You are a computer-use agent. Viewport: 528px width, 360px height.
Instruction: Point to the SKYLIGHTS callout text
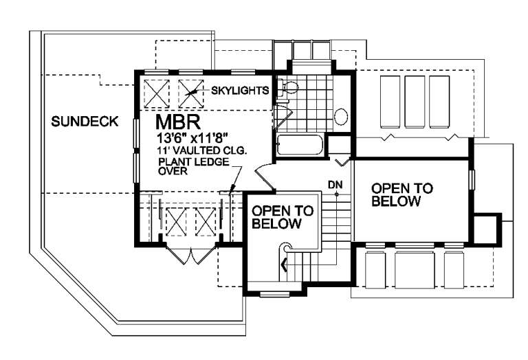[x=239, y=91]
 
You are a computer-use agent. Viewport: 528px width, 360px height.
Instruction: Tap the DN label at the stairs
[x=335, y=184]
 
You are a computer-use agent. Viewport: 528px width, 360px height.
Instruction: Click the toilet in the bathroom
[x=289, y=87]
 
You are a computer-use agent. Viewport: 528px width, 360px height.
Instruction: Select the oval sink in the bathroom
[x=341, y=117]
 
